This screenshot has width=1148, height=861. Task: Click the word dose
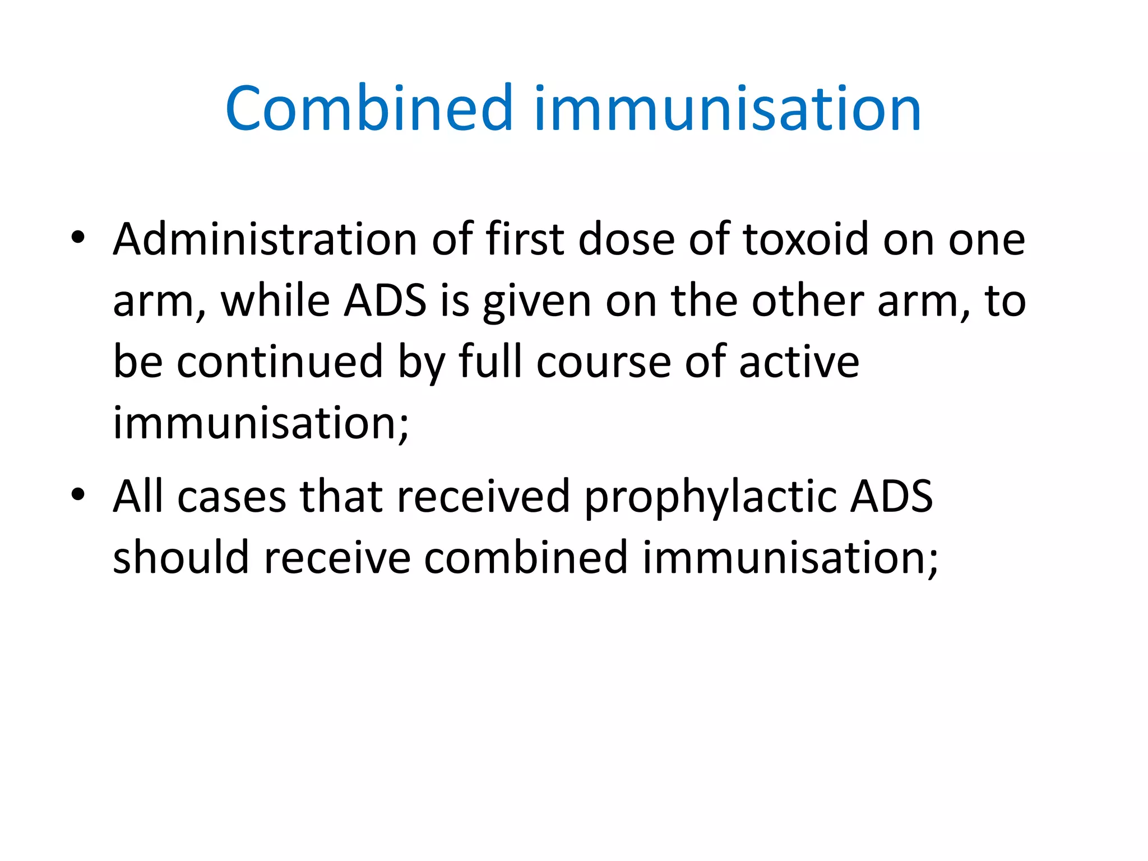(x=626, y=239)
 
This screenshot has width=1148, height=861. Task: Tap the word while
(x=275, y=301)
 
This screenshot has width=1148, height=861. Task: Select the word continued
(x=280, y=362)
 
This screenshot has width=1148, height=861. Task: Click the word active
(x=799, y=362)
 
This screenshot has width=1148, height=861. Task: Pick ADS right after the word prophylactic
(x=891, y=497)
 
